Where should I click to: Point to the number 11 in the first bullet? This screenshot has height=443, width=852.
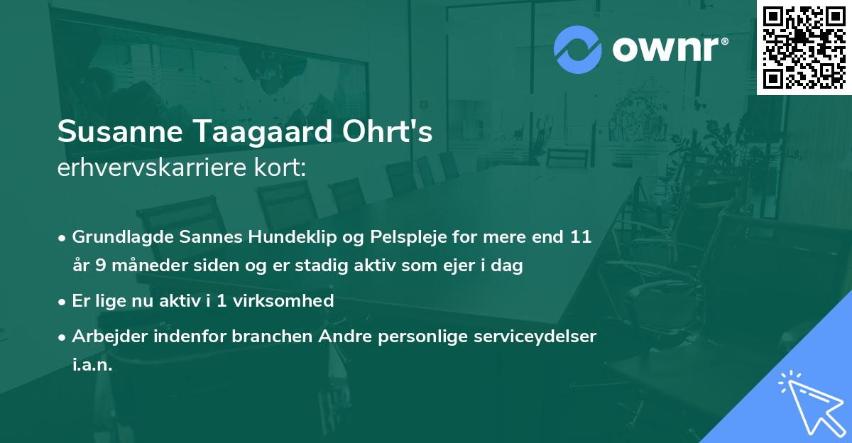pyautogui.click(x=581, y=237)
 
